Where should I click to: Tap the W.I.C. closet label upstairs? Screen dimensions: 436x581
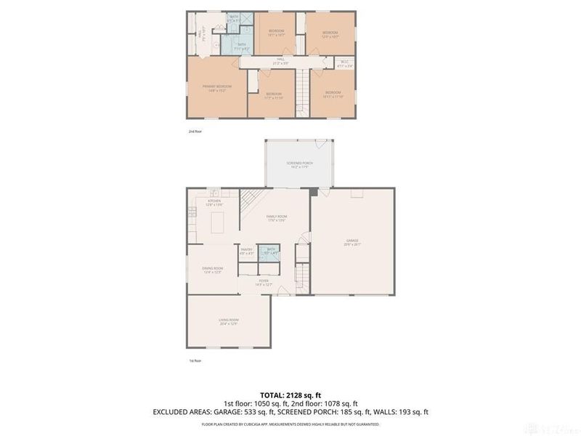point(346,64)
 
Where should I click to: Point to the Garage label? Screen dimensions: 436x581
point(352,242)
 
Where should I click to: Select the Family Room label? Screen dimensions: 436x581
point(276,219)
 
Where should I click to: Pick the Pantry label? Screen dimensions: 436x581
point(246,251)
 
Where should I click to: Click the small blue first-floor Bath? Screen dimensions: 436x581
point(271,252)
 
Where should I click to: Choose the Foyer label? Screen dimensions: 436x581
point(262,283)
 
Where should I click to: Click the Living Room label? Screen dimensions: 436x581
point(229,321)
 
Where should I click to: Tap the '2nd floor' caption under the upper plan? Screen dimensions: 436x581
point(195,132)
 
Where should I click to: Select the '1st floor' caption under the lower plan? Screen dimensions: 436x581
point(195,360)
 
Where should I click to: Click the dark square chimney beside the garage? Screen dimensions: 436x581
point(313,193)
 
